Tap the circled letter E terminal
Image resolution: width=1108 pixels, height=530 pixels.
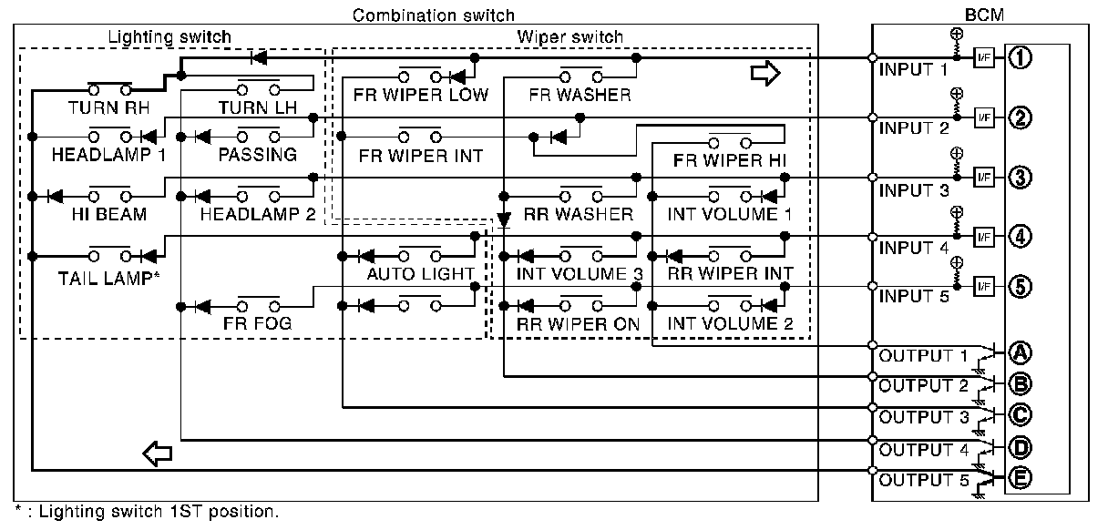pyautogui.click(x=1020, y=477)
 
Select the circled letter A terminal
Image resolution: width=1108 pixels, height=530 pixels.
pyautogui.click(x=1020, y=352)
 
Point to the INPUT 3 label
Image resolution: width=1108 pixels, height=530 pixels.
pyautogui.click(x=913, y=190)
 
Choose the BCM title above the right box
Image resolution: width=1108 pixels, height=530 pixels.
pyautogui.click(x=980, y=15)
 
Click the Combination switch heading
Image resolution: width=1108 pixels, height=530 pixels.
pyautogui.click(x=433, y=15)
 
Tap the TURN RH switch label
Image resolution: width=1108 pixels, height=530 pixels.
pyautogui.click(x=108, y=107)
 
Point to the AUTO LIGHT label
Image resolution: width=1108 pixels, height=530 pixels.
pyautogui.click(x=421, y=273)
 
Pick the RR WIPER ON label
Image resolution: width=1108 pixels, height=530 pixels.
pyautogui.click(x=578, y=323)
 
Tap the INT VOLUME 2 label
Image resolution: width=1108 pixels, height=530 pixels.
pyautogui.click(x=730, y=323)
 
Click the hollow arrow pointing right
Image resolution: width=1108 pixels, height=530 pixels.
pyautogui.click(x=765, y=75)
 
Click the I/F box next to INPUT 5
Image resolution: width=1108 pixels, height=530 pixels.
pyautogui.click(x=982, y=286)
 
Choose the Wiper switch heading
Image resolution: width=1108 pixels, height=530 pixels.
pyautogui.click(x=569, y=37)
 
